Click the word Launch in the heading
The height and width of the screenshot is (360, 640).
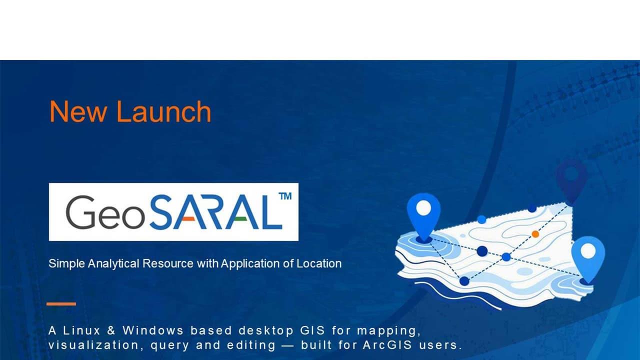tap(164, 111)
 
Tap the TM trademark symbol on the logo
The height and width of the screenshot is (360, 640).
tap(285, 196)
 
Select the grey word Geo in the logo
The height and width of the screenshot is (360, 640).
tap(105, 212)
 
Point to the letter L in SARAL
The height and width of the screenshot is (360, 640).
tap(271, 212)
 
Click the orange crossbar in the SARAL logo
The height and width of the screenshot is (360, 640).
tap(188, 219)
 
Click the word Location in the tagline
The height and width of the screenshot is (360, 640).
tap(319, 263)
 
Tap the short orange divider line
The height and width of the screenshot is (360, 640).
tap(61, 304)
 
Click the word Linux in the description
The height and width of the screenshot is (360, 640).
tap(81, 330)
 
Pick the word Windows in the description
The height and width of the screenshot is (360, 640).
tap(153, 330)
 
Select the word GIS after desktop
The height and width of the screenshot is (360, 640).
tap(312, 330)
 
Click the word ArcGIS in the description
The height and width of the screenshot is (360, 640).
tap(387, 345)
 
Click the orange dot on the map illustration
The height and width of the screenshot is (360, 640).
tap(535, 234)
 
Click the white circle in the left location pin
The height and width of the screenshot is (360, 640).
tap(423, 207)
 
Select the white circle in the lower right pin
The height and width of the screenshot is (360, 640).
tap(588, 251)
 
